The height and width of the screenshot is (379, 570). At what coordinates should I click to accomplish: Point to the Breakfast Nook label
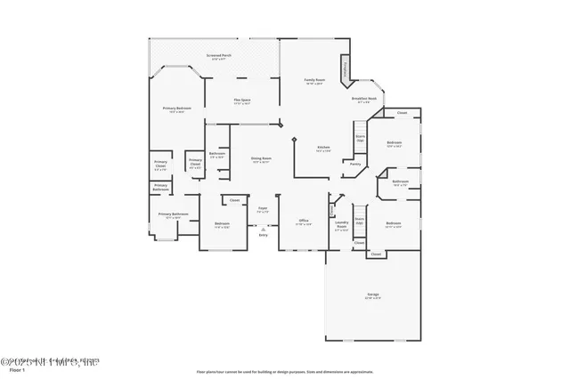[x=363, y=100]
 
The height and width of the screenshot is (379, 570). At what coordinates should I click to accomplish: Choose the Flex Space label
[x=241, y=100]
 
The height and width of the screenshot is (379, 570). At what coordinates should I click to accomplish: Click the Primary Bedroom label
[x=175, y=109]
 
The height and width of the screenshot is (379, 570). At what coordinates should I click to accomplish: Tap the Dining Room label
[x=261, y=158]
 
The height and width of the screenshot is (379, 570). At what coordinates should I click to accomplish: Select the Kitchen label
[x=324, y=148]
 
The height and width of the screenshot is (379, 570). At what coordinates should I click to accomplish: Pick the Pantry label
[x=354, y=164]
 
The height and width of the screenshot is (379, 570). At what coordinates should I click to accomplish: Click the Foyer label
[x=263, y=210]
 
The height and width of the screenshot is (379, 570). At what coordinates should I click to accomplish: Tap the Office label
[x=303, y=220]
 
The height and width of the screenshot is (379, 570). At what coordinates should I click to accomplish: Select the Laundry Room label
[x=341, y=226]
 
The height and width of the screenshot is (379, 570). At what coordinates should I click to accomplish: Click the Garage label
[x=373, y=294]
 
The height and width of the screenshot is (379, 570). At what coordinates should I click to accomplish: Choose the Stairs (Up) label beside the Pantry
[x=361, y=139]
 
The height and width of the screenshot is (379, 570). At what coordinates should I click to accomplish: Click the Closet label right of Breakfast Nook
[x=402, y=113]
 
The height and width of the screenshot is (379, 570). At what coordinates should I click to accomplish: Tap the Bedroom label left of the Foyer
[x=222, y=223]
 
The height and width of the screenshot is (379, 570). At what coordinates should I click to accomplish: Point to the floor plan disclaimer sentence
[x=285, y=372]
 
